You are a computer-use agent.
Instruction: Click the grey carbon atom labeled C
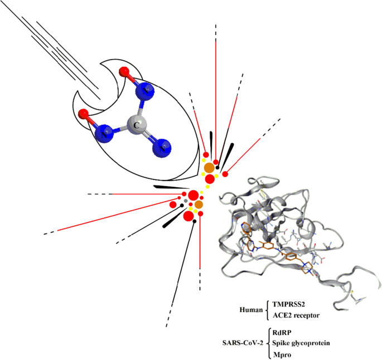(136, 124)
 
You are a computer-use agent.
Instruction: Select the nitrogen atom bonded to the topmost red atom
(146, 90)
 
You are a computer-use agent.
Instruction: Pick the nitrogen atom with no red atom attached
(162, 148)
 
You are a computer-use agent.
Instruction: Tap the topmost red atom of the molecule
(124, 71)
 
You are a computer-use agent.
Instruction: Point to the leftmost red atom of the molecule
(84, 114)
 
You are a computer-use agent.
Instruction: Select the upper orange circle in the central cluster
(209, 168)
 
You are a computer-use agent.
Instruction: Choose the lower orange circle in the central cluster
(199, 205)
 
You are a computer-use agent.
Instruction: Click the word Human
(250, 309)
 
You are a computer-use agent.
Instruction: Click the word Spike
(282, 343)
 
